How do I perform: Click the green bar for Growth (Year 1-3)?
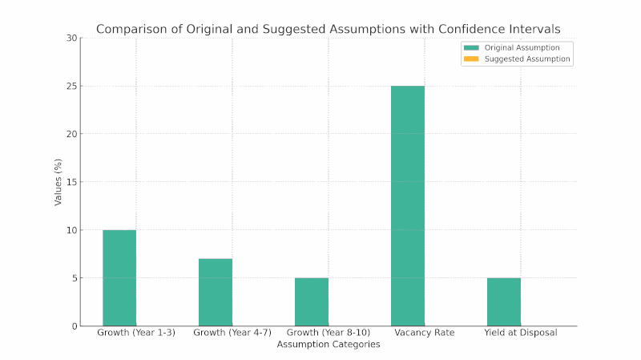click(x=119, y=277)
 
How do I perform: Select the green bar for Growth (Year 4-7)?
click(x=216, y=292)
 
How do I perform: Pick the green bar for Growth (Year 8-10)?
click(x=312, y=301)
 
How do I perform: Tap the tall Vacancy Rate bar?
click(x=408, y=205)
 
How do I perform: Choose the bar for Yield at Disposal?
click(x=504, y=301)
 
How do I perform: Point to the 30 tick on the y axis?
click(x=73, y=38)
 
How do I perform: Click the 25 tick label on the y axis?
click(x=73, y=87)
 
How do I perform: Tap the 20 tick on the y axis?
click(x=73, y=134)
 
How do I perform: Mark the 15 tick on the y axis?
click(x=73, y=182)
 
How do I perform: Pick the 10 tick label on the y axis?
click(x=73, y=230)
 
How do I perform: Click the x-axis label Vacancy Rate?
click(x=408, y=333)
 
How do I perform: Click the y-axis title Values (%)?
click(x=58, y=182)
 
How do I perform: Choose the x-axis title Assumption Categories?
click(x=329, y=345)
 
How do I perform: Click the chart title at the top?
click(x=329, y=29)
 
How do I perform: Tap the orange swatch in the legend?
click(x=471, y=59)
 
